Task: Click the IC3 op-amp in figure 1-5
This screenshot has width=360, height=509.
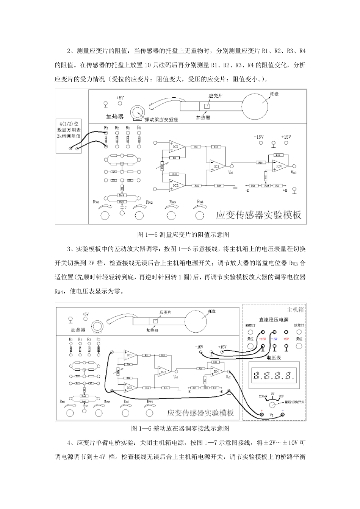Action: pyautogui.click(x=216, y=166)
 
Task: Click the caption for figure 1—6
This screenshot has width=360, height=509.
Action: pyautogui.click(x=180, y=428)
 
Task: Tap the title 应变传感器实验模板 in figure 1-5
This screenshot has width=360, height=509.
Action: pyautogui.click(x=258, y=215)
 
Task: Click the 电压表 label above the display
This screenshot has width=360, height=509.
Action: pyautogui.click(x=273, y=357)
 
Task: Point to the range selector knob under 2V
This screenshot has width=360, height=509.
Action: pyautogui.click(x=272, y=405)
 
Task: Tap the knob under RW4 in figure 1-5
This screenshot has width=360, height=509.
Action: pyautogui.click(x=199, y=215)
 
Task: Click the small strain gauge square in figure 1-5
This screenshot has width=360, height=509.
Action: pyautogui.click(x=207, y=106)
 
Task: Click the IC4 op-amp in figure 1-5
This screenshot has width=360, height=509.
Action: pyautogui.click(x=279, y=166)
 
